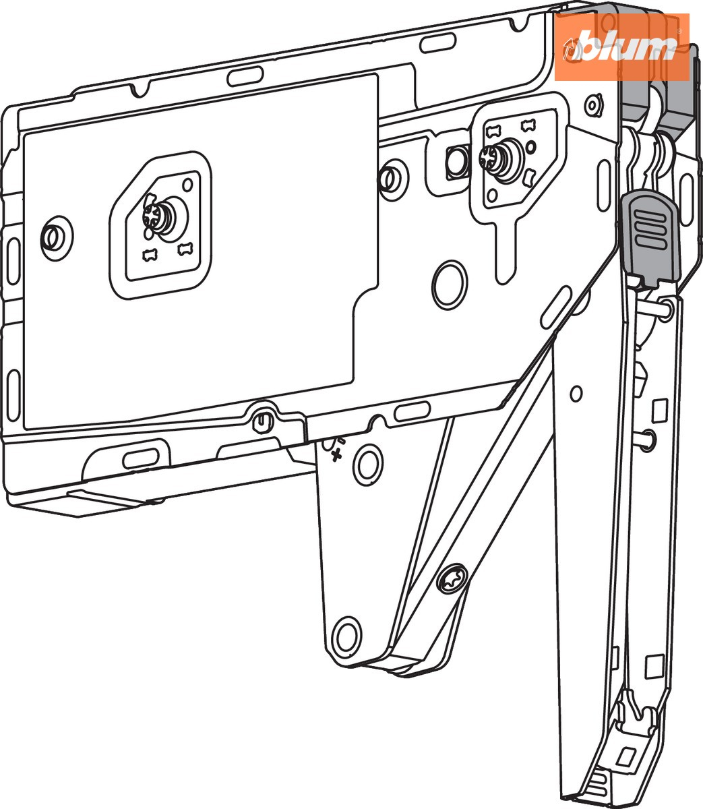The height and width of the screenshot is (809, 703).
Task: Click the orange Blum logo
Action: point(622,47)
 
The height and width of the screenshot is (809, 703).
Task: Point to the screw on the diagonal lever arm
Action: point(452,578)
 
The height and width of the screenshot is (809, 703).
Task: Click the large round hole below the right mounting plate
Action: point(450,284)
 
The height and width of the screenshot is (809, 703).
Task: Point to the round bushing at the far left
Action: point(56,238)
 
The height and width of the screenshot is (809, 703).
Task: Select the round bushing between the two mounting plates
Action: point(392,179)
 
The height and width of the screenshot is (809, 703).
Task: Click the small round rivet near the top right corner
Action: point(593,106)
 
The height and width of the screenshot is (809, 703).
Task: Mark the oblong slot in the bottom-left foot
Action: point(141,458)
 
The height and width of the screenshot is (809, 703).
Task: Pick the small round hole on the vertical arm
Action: point(576,394)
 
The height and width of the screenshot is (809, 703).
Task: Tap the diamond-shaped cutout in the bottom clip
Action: point(625,757)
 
